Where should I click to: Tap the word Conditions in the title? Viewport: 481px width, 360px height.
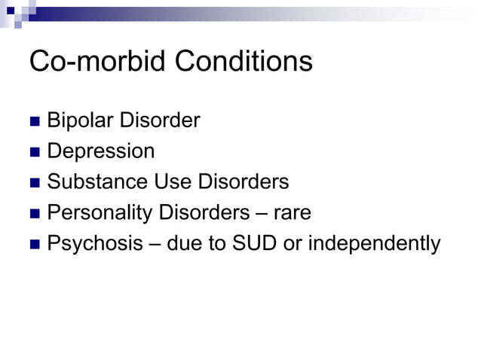click(x=244, y=61)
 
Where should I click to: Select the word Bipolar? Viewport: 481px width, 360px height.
click(x=78, y=121)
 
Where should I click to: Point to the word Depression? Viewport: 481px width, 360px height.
click(x=101, y=151)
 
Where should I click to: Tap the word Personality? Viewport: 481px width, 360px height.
click(x=100, y=213)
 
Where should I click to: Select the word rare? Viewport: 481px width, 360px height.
click(x=292, y=213)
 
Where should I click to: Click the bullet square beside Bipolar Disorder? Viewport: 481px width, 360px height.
click(x=34, y=121)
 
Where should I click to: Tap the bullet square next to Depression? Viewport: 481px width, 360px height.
click(x=34, y=152)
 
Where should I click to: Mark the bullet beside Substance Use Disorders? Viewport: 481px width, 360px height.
click(x=34, y=183)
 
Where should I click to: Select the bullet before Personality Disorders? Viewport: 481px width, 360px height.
click(x=34, y=214)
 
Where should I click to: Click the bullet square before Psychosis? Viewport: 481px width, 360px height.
click(x=34, y=245)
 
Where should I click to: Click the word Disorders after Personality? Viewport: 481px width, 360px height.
click(x=204, y=212)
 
